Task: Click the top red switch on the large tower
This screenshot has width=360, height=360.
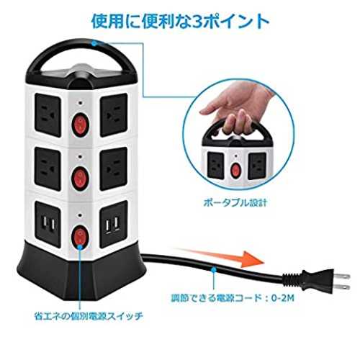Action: [x=81, y=125]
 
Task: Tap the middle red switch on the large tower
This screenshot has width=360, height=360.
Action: [x=81, y=179]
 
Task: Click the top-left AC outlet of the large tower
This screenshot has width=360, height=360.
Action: [x=48, y=115]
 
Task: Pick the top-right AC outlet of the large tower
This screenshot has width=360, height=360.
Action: [x=114, y=115]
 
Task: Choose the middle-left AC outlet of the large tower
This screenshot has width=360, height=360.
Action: [x=48, y=169]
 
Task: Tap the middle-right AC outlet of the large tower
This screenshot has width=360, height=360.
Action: [x=114, y=169]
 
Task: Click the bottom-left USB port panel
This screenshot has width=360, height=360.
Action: [x=48, y=225]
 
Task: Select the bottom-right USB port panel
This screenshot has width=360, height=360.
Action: [x=114, y=225]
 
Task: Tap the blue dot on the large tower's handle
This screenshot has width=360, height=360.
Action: [x=94, y=43]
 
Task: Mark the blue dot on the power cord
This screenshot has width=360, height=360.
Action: [x=213, y=270]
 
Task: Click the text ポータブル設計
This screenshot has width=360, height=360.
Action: [x=235, y=203]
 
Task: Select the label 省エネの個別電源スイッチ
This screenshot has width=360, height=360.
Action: [x=89, y=316]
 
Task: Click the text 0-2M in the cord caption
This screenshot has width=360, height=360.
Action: [x=283, y=298]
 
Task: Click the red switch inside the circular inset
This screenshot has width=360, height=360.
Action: [x=236, y=170]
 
